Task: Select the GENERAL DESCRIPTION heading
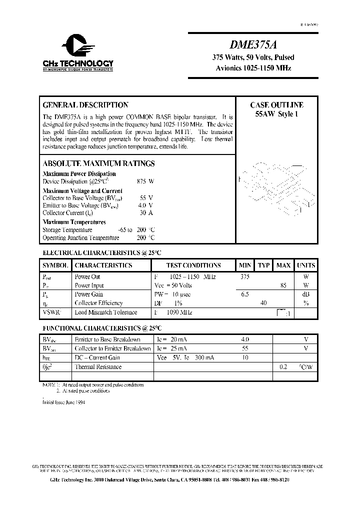tap(85, 105)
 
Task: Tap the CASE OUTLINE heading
tap(276, 105)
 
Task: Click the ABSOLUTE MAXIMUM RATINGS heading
tap(98, 163)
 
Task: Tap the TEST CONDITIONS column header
tap(193, 265)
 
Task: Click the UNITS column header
tap(305, 265)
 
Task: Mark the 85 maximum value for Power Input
tap(283, 285)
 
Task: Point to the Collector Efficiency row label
tap(98, 303)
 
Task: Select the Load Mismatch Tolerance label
tap(105, 312)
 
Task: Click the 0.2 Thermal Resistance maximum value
tap(283, 366)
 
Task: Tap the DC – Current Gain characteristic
tap(97, 357)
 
